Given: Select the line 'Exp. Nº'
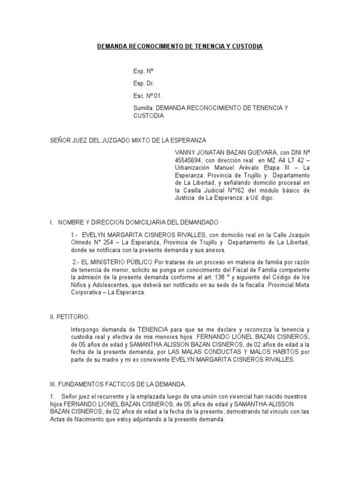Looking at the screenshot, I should pos(143,71).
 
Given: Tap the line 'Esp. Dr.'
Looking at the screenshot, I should pos(144,83).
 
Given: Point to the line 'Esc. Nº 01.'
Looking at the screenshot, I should pos(148,96).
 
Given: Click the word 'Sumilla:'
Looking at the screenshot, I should pos(143,108).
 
